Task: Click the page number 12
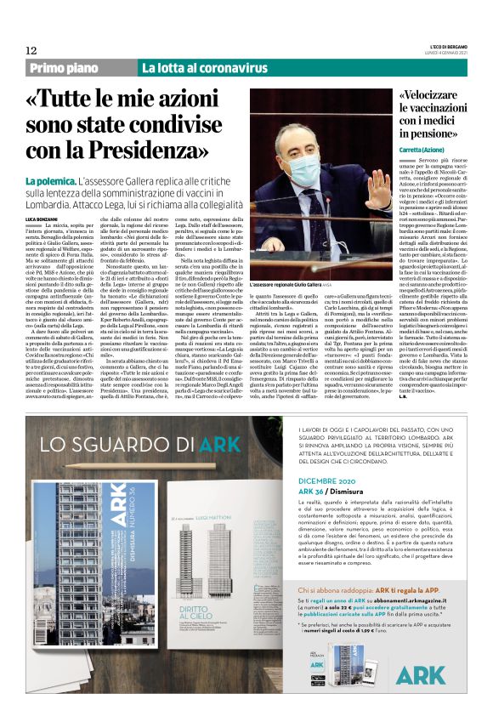tap(30, 50)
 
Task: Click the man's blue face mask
tap(304, 168)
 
